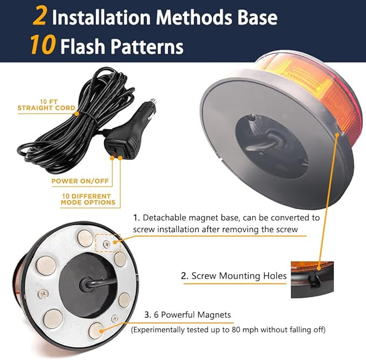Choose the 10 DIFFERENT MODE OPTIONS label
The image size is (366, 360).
tap(88, 199)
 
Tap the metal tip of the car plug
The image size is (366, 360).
tap(153, 101)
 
